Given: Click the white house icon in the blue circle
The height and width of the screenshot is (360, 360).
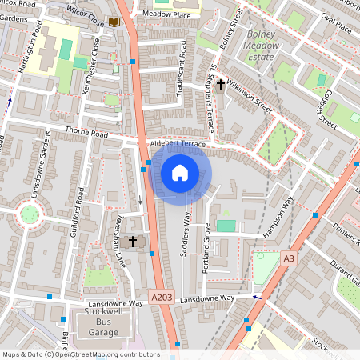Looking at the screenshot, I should click(x=180, y=172).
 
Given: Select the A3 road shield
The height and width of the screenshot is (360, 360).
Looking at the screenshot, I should click(x=289, y=258).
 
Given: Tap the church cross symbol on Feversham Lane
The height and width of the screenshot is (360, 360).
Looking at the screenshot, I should click(x=134, y=241).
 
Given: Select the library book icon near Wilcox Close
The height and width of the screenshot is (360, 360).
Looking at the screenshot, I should click(x=115, y=20).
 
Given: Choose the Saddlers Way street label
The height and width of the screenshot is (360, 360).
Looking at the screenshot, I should click(x=186, y=233).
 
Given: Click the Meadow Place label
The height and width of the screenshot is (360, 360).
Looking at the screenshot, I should click(x=166, y=14).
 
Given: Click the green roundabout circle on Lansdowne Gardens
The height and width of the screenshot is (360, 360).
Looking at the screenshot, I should click(x=30, y=214).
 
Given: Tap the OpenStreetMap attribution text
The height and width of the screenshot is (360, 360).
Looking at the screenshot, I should click(x=81, y=354).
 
